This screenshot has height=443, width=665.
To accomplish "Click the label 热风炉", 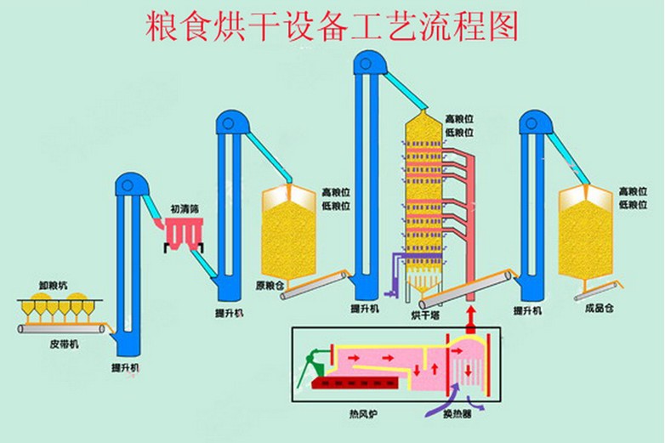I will pyautogui.click(x=361, y=414).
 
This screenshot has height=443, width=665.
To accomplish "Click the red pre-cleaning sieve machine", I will pyautogui.click(x=183, y=231).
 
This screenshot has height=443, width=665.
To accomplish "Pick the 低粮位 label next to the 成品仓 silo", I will pyautogui.click(x=633, y=205).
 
